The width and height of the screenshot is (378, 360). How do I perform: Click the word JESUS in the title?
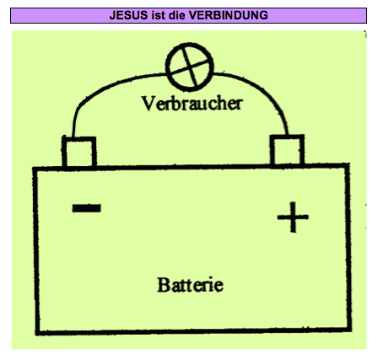pyautogui.click(x=128, y=15)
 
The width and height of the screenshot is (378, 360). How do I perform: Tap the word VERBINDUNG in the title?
pyautogui.click(x=229, y=15)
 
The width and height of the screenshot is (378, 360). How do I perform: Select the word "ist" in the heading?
pyautogui.click(x=158, y=15)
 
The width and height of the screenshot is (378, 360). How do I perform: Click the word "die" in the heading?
pyautogui.click(x=176, y=15)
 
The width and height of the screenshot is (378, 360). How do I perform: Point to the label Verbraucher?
pyautogui.click(x=192, y=104)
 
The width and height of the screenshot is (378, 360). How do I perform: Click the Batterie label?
pyautogui.click(x=191, y=285)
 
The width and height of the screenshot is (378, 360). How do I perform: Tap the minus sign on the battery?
pyautogui.click(x=87, y=208)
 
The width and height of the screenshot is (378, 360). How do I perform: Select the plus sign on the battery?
pyautogui.click(x=293, y=217)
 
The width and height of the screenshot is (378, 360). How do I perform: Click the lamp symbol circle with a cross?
pyautogui.click(x=190, y=67)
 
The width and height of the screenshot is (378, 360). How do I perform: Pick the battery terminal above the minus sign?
pyautogui.click(x=79, y=152)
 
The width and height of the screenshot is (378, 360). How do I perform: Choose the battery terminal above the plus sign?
pyautogui.click(x=287, y=150)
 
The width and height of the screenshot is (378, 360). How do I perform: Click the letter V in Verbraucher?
pyautogui.click(x=148, y=104)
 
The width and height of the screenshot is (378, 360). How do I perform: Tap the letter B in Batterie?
pyautogui.click(x=164, y=285)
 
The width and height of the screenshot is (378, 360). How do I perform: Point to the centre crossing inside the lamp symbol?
pyautogui.click(x=190, y=67)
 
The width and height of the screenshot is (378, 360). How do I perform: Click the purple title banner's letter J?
pyautogui.click(x=112, y=15)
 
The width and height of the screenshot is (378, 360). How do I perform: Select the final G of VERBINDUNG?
pyautogui.click(x=263, y=15)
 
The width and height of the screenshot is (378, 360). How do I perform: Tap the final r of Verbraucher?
pyautogui.click(x=239, y=105)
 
